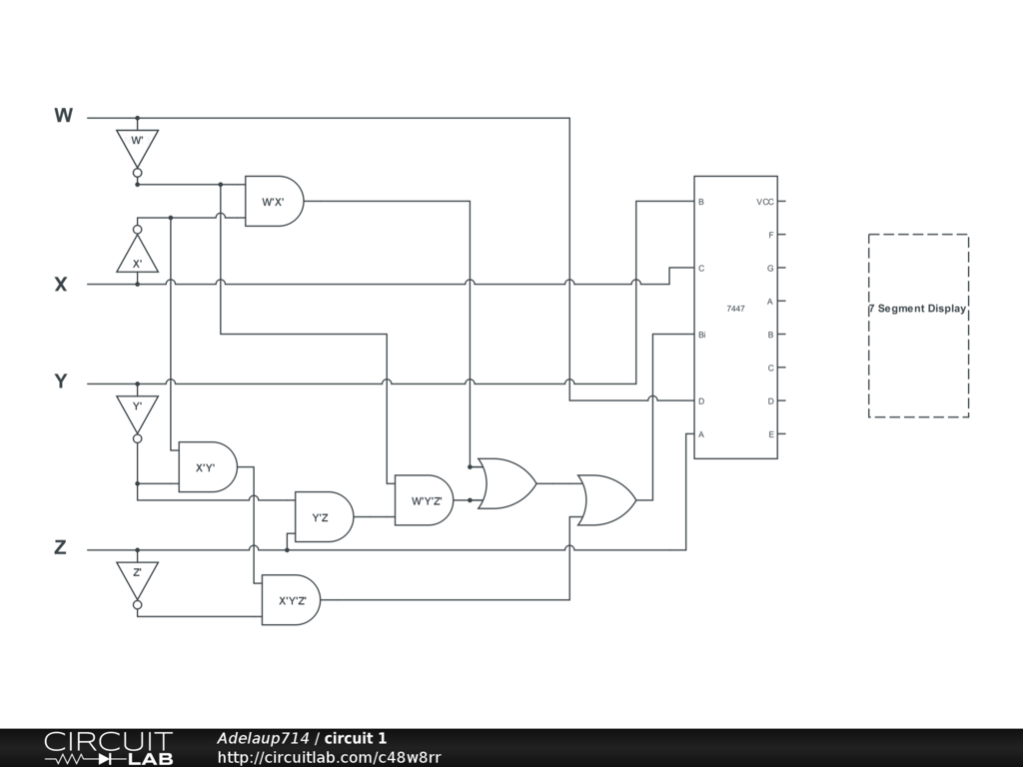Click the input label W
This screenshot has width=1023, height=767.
click(63, 116)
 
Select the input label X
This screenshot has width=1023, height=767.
click(61, 285)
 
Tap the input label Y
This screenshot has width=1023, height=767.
click(61, 382)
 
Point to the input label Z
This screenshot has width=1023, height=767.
click(61, 547)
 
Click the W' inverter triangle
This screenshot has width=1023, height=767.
click(137, 146)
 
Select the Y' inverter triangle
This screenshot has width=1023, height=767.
click(137, 411)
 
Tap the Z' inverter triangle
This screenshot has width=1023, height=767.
click(137, 578)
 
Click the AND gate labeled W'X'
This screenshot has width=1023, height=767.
click(274, 202)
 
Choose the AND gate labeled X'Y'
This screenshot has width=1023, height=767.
click(207, 467)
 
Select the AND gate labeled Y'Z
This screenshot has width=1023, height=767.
click(323, 517)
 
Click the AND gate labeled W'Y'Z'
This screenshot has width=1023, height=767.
click(425, 500)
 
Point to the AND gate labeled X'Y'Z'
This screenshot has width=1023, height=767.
click(291, 600)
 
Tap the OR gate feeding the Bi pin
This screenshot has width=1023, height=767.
click(605, 500)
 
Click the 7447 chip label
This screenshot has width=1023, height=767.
click(735, 309)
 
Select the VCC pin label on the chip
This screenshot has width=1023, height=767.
click(765, 202)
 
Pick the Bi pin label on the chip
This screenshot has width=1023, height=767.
click(702, 335)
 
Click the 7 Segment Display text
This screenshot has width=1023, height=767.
click(917, 309)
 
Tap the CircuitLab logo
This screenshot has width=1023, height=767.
click(108, 748)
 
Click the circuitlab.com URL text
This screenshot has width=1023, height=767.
click(329, 758)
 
